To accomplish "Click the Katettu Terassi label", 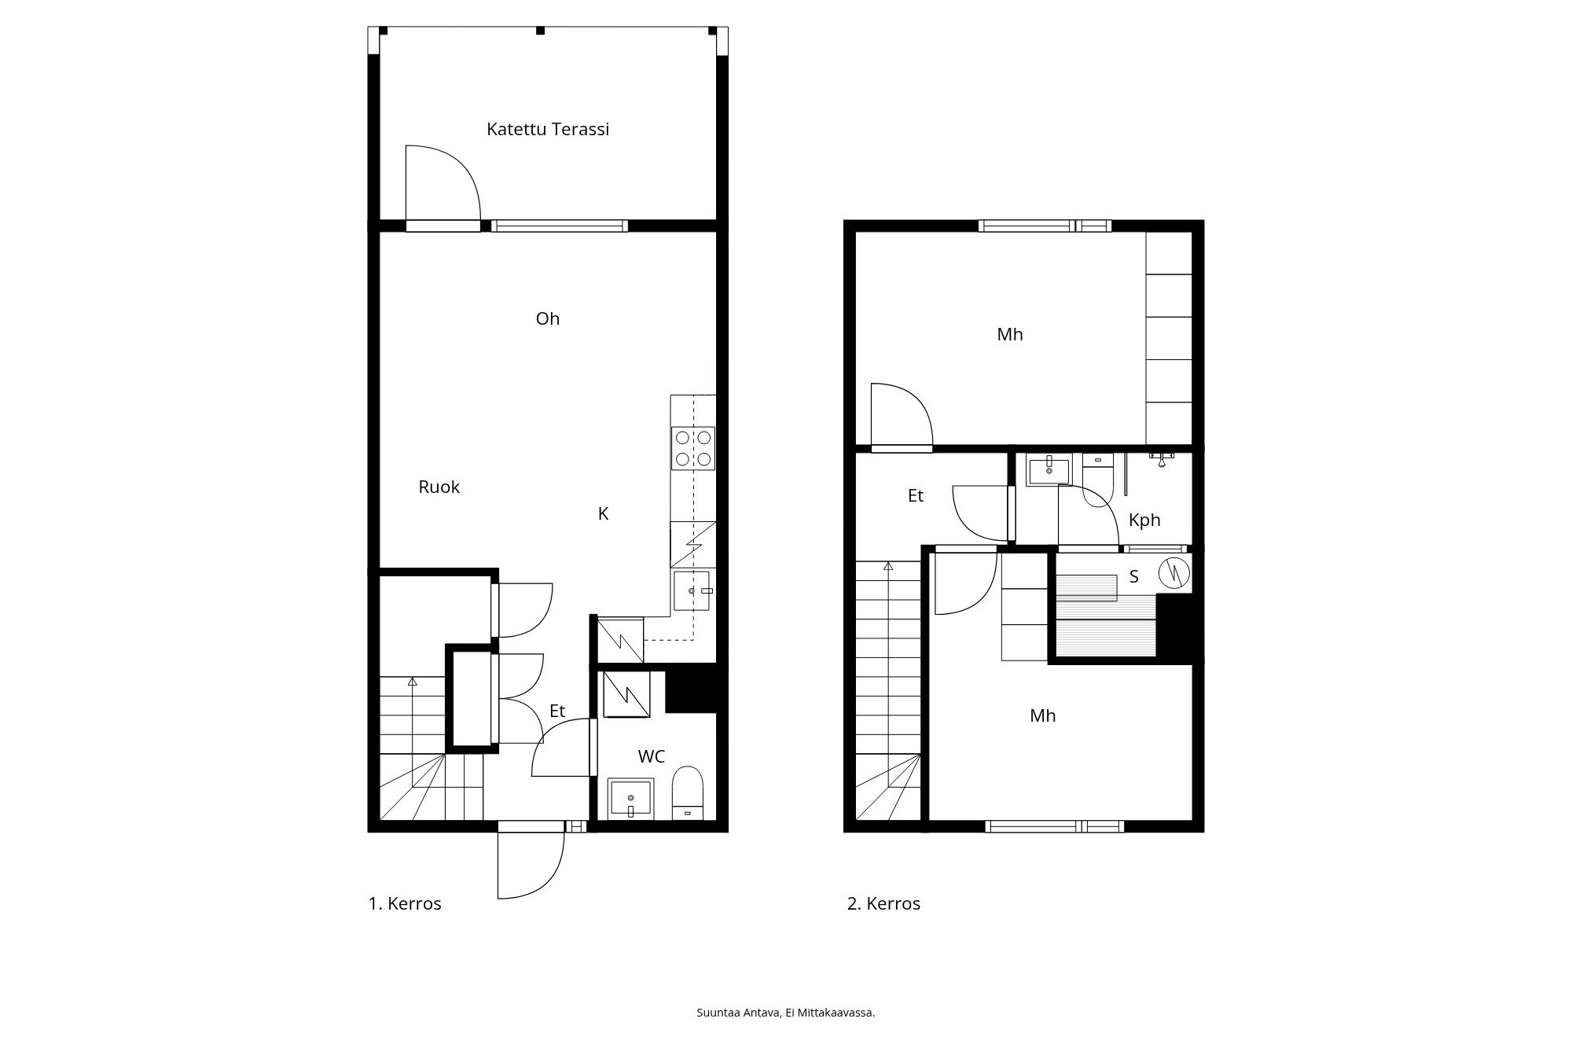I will [548, 130].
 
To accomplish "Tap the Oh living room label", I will [548, 318].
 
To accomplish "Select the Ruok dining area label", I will [439, 487].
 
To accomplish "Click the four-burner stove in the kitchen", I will [693, 448].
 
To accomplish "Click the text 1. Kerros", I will [405, 904].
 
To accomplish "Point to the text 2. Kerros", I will [883, 904].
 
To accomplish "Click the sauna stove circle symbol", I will [1174, 572].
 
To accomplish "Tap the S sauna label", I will [1133, 577].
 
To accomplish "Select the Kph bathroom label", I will [1144, 520].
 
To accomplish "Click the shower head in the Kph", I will [1161, 459].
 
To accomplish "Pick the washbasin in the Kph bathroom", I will [1049, 470].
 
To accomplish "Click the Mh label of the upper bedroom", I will [1010, 335].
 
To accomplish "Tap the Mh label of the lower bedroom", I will [1043, 716].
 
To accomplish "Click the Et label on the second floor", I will [915, 496].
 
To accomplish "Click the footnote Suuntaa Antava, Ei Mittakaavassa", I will [785, 1013].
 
